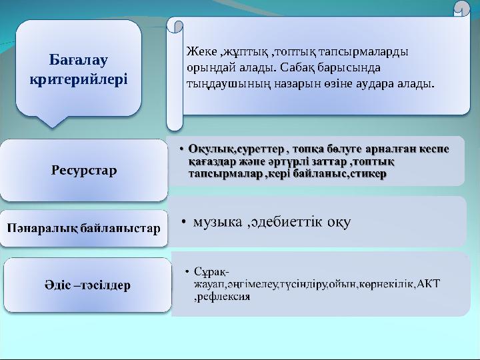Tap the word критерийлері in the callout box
pos(79,79)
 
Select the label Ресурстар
pos(83,171)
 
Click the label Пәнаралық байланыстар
pos(83,229)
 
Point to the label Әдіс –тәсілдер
pos(83,285)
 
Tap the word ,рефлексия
pos(222,297)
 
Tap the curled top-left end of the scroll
pos(176,26)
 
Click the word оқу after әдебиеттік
pos(339,221)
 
